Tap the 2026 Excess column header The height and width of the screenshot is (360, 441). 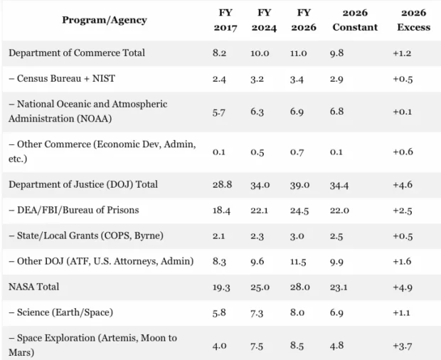pyautogui.click(x=414, y=20)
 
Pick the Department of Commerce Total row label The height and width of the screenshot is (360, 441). pyautogui.click(x=77, y=53)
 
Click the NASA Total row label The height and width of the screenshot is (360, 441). pyautogui.click(x=34, y=287)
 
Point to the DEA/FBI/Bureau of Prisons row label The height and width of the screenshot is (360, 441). pyautogui.click(x=73, y=210)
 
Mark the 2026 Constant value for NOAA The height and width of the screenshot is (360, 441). pyautogui.click(x=339, y=110)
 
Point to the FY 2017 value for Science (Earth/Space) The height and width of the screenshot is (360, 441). pyautogui.click(x=220, y=312)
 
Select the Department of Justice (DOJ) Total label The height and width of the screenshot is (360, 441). pyautogui.click(x=83, y=184)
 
